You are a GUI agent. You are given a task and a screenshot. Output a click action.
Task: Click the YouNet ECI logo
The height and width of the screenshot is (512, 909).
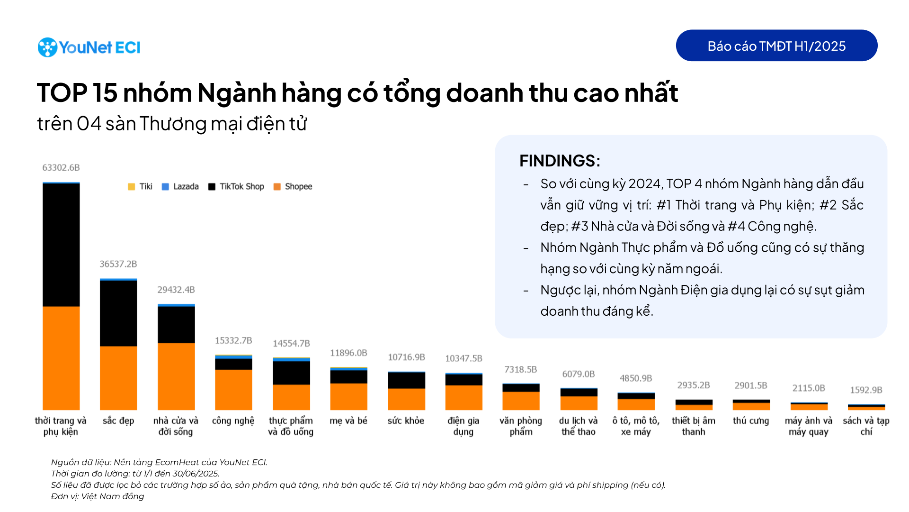pos(89,47)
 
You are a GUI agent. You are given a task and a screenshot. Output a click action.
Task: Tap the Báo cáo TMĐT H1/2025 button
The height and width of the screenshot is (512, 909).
pos(776,46)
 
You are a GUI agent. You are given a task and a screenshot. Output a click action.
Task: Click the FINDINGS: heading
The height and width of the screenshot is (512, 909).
pos(560,161)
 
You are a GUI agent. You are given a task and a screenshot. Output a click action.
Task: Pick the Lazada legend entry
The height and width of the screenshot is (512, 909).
pos(180,186)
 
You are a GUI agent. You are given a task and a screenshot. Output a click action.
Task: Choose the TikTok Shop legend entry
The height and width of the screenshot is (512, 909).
pos(236,186)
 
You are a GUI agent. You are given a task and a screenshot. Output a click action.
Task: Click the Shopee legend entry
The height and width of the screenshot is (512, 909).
pos(293,186)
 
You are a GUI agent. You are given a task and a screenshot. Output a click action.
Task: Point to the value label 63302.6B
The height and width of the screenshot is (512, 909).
pos(61,167)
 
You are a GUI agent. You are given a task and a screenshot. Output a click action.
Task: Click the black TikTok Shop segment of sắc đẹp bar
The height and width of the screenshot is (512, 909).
pos(118,313)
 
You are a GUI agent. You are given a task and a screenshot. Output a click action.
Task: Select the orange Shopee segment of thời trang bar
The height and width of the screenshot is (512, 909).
pos(61,358)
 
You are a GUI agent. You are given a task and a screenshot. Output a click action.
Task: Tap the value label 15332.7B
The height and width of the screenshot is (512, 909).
pos(233,340)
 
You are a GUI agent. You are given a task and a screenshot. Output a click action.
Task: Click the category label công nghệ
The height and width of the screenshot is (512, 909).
pos(233,421)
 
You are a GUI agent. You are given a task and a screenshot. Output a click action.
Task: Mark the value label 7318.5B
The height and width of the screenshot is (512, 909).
pos(521,369)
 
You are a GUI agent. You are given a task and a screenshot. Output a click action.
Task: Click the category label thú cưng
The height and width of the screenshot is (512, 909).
pos(751,421)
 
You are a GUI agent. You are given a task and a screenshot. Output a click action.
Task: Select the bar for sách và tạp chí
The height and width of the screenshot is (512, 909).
pos(866,407)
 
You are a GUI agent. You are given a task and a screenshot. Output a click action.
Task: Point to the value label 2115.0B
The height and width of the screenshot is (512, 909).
pos(809,388)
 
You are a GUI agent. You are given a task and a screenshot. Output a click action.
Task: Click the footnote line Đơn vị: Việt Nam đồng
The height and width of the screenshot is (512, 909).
pos(98,496)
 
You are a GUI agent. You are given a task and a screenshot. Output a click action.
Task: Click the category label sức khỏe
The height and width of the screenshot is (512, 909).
pos(406,421)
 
